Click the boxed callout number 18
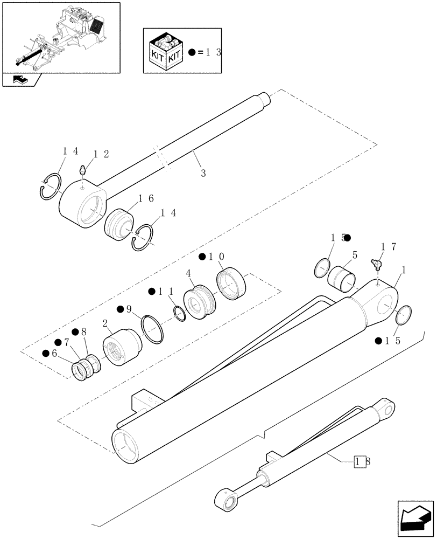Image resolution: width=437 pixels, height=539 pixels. tap(360, 461)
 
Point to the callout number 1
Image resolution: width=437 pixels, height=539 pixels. tap(404, 269)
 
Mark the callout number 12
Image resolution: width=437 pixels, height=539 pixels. tap(100, 155)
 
